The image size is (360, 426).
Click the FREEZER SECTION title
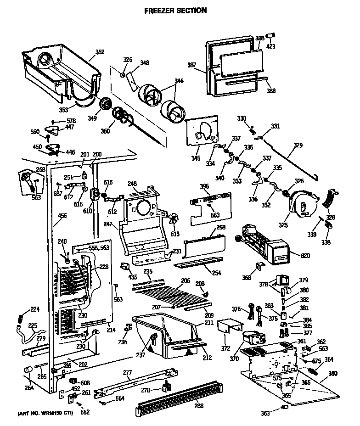point(175,10)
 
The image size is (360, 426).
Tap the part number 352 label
point(100,52)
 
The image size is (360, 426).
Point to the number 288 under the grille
point(199,406)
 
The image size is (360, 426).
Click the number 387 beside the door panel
point(192,65)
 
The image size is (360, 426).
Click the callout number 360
point(332,373)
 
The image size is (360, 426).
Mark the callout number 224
point(22,309)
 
